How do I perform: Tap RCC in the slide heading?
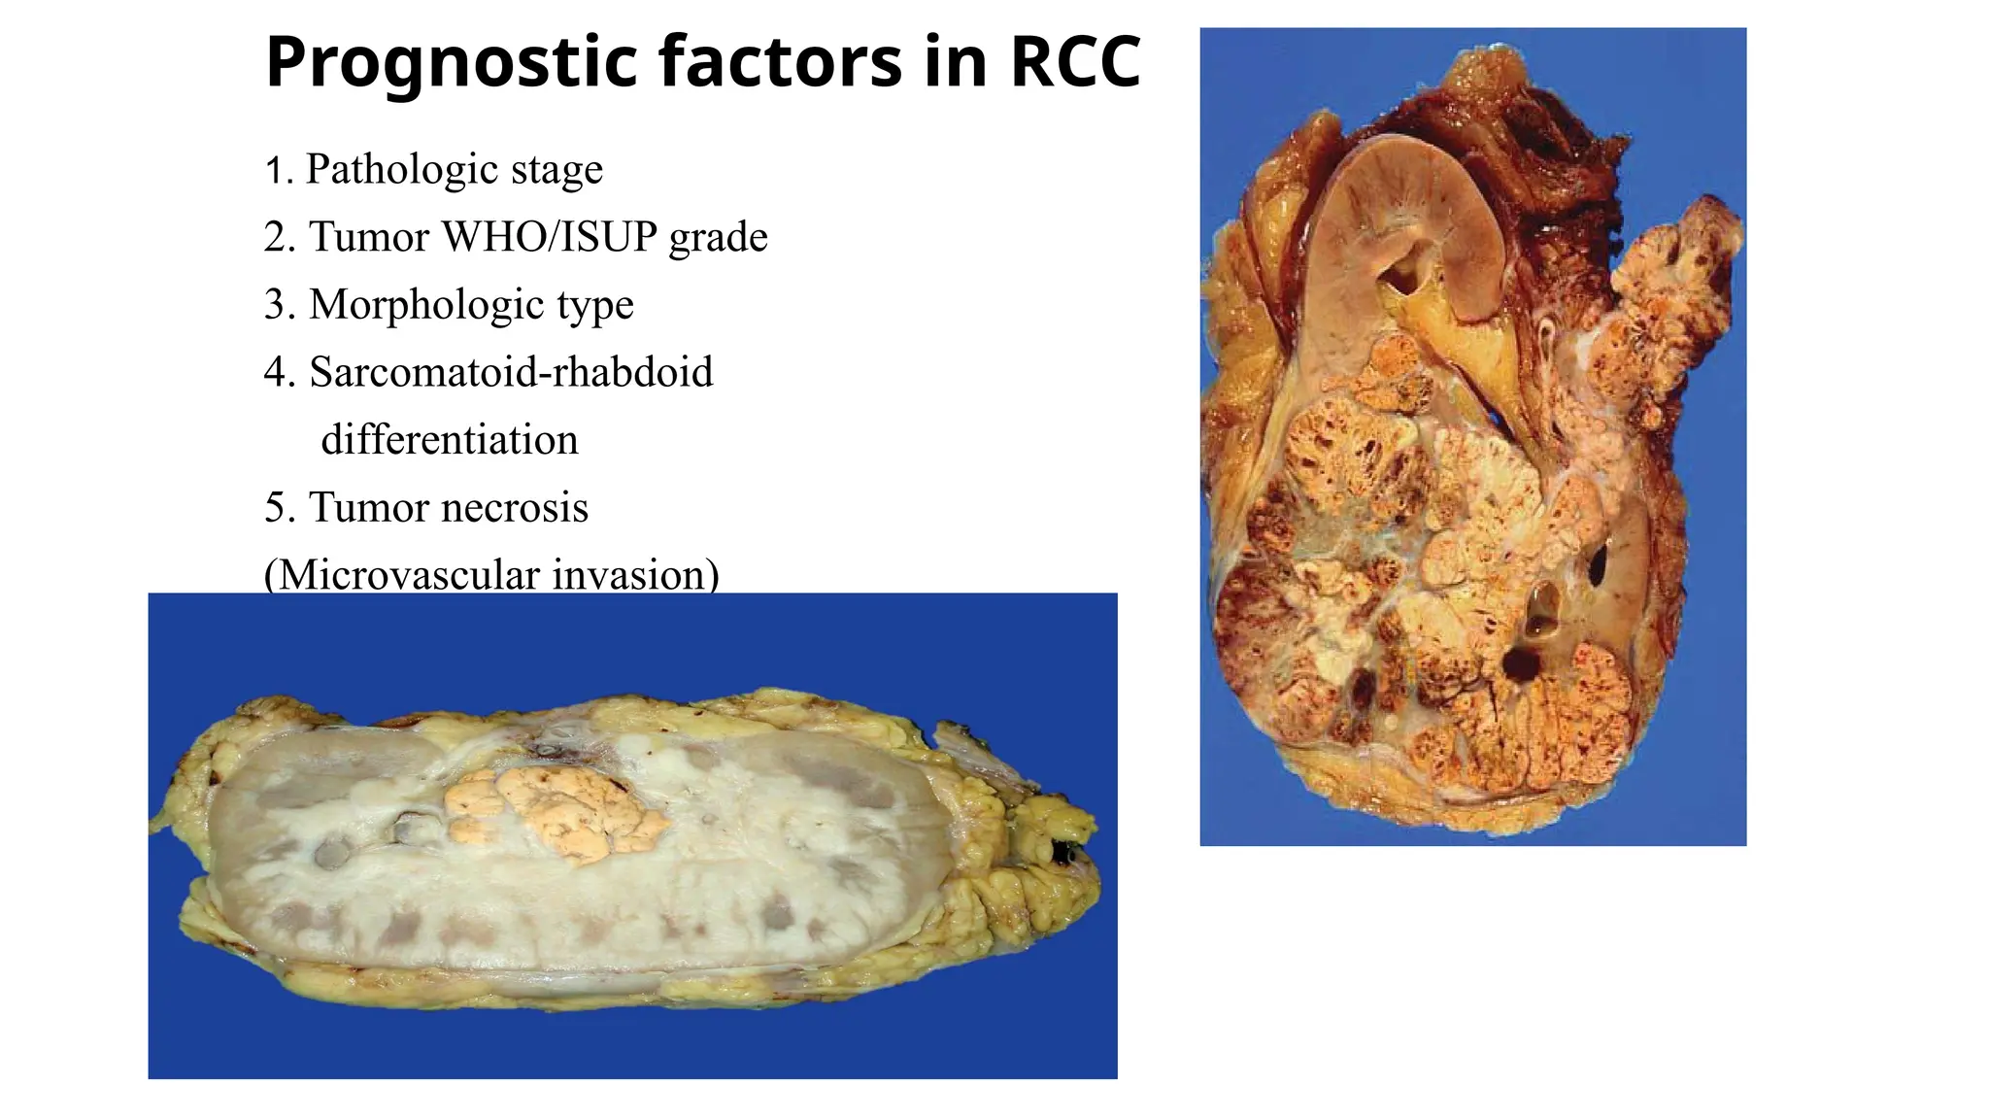click(x=1075, y=62)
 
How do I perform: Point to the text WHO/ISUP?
click(x=550, y=237)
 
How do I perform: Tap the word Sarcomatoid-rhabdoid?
click(x=511, y=372)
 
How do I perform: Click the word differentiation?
click(x=450, y=440)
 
